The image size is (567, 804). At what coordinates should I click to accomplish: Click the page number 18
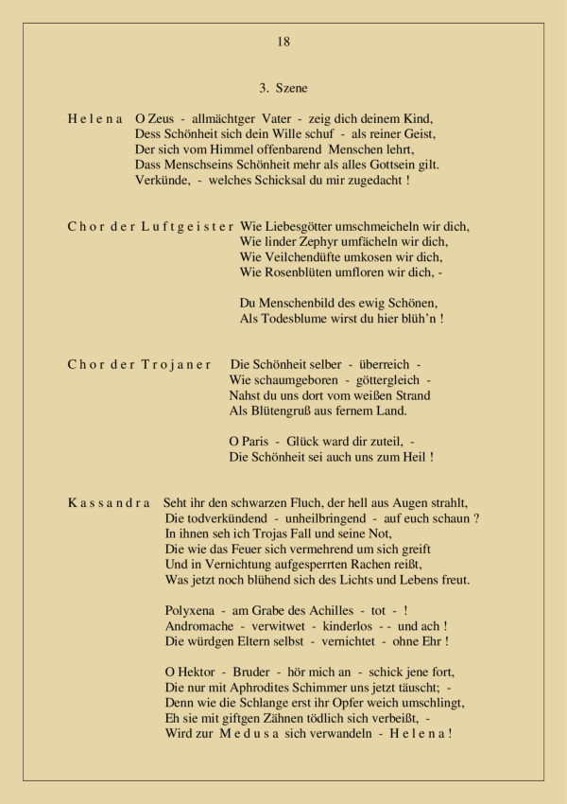[283, 42]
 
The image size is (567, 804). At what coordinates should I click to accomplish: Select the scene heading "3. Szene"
[283, 89]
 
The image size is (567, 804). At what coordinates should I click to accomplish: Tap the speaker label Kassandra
[110, 503]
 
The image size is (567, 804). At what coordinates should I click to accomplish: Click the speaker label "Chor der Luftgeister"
[151, 227]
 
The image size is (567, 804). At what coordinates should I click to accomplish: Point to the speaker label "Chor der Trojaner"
[140, 365]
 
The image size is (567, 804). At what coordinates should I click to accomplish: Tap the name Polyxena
[192, 611]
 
